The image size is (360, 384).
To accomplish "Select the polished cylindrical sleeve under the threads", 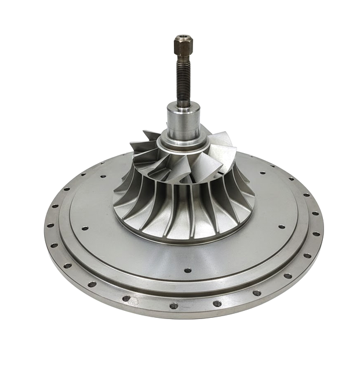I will point(183,123).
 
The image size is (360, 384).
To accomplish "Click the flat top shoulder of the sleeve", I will point(183,107).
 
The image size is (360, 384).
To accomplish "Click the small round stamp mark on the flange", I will point(134,301).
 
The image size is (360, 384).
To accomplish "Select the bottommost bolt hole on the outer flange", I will point(173,306).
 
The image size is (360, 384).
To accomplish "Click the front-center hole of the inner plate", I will point(188,270).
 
